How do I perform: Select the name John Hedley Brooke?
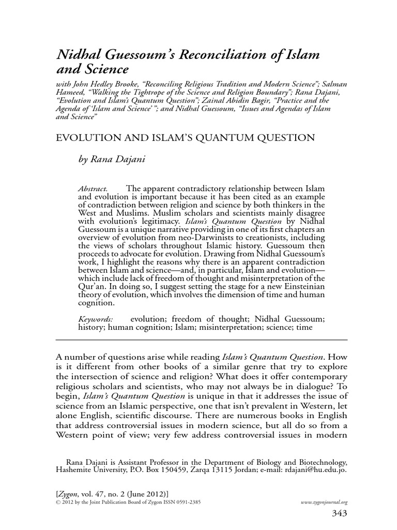pyautogui.click(x=100, y=84)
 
